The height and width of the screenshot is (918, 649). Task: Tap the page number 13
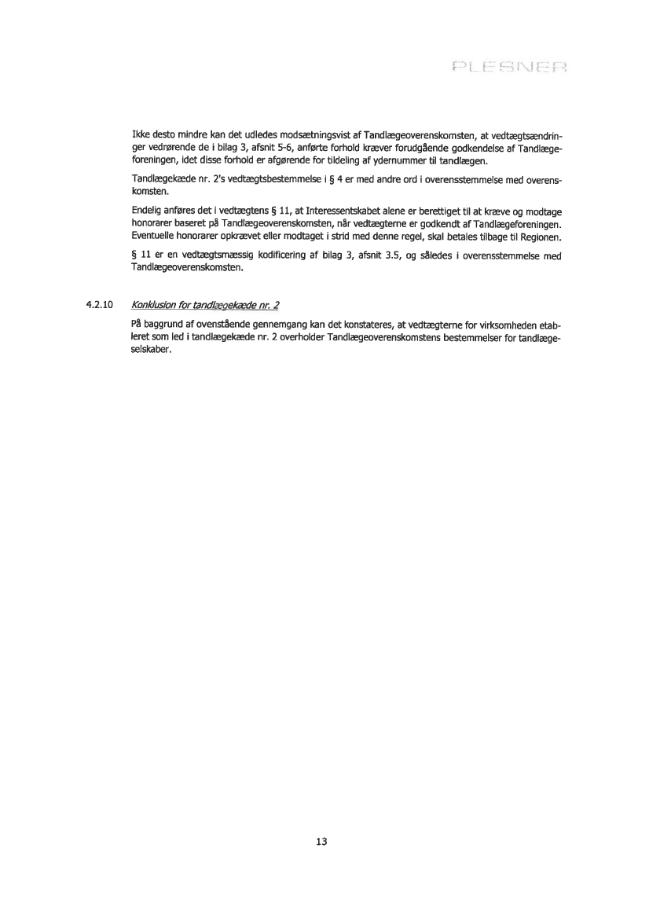321,841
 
